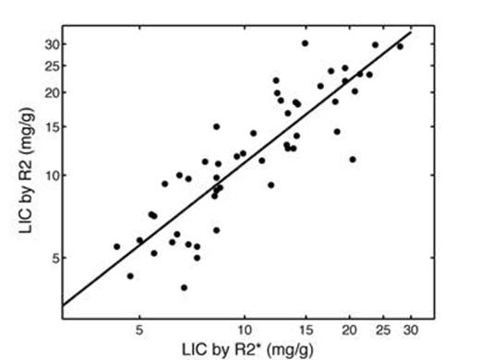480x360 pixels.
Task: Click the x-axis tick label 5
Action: (139, 329)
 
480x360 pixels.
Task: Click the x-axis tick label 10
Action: (245, 329)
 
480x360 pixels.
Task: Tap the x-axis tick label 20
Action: (350, 329)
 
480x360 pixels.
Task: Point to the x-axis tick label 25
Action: (383, 329)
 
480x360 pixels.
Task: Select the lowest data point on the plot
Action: (184, 287)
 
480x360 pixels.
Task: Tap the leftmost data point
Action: (116, 246)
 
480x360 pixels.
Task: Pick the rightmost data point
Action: (400, 46)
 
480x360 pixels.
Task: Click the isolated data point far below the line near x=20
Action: (352, 159)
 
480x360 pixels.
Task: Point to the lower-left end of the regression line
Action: (63, 306)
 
